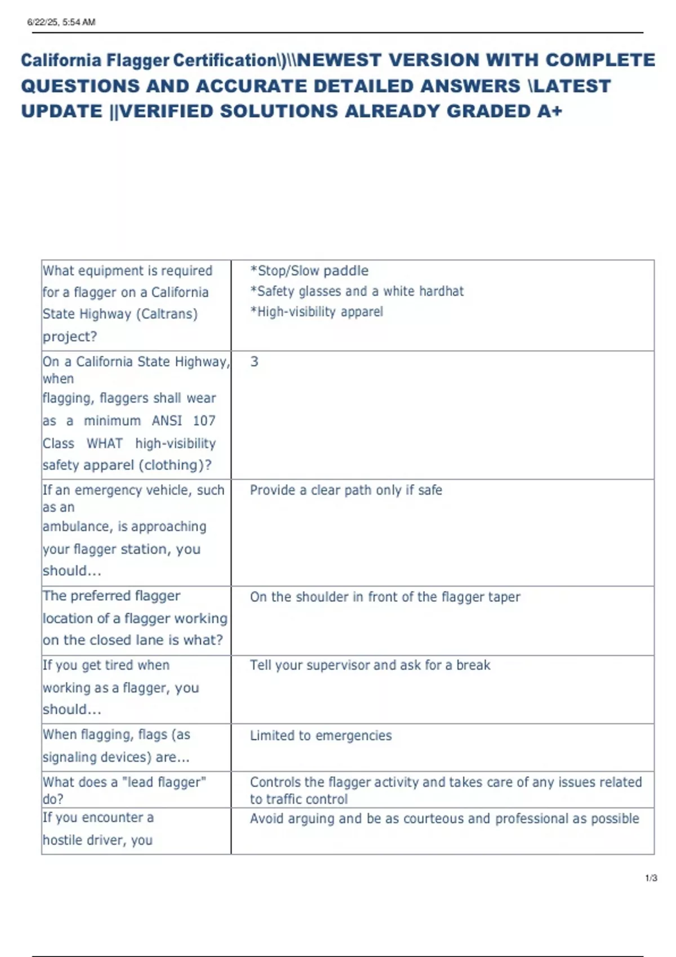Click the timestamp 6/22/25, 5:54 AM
tap(61, 23)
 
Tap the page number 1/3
tap(651, 878)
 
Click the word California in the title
tap(61, 60)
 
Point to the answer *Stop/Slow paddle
tap(309, 271)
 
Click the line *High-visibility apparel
tap(317, 312)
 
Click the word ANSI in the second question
tap(167, 421)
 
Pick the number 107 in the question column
tap(204, 421)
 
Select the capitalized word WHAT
tap(105, 444)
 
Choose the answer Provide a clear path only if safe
tap(346, 490)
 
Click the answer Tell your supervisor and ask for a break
tap(370, 665)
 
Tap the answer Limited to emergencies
tap(321, 736)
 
